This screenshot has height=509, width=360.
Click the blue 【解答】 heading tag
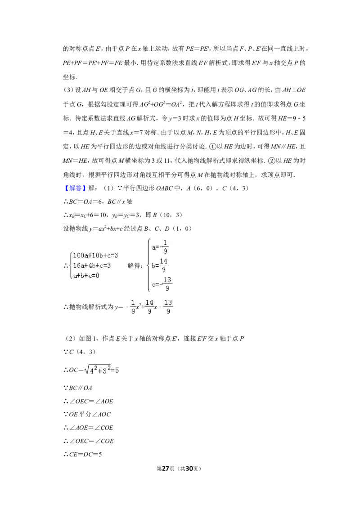74,188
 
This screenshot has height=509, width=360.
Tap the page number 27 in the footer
166,469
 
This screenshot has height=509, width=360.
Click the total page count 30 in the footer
189,469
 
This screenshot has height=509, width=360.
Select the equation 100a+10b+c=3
95,255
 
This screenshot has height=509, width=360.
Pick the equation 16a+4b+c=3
92,266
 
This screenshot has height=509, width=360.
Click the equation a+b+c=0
86,276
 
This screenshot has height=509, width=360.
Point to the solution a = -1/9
160,247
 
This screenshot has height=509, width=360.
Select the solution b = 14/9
160,265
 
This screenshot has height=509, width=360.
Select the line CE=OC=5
82,455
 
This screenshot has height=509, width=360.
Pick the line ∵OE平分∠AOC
87,414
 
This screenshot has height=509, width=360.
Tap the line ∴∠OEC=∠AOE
88,401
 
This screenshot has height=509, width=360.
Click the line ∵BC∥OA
78,388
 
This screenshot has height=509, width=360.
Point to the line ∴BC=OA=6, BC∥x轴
98,201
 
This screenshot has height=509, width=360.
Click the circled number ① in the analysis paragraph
212,147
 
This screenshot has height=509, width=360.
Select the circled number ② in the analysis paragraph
271,161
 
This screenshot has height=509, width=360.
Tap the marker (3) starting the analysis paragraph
68,90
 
